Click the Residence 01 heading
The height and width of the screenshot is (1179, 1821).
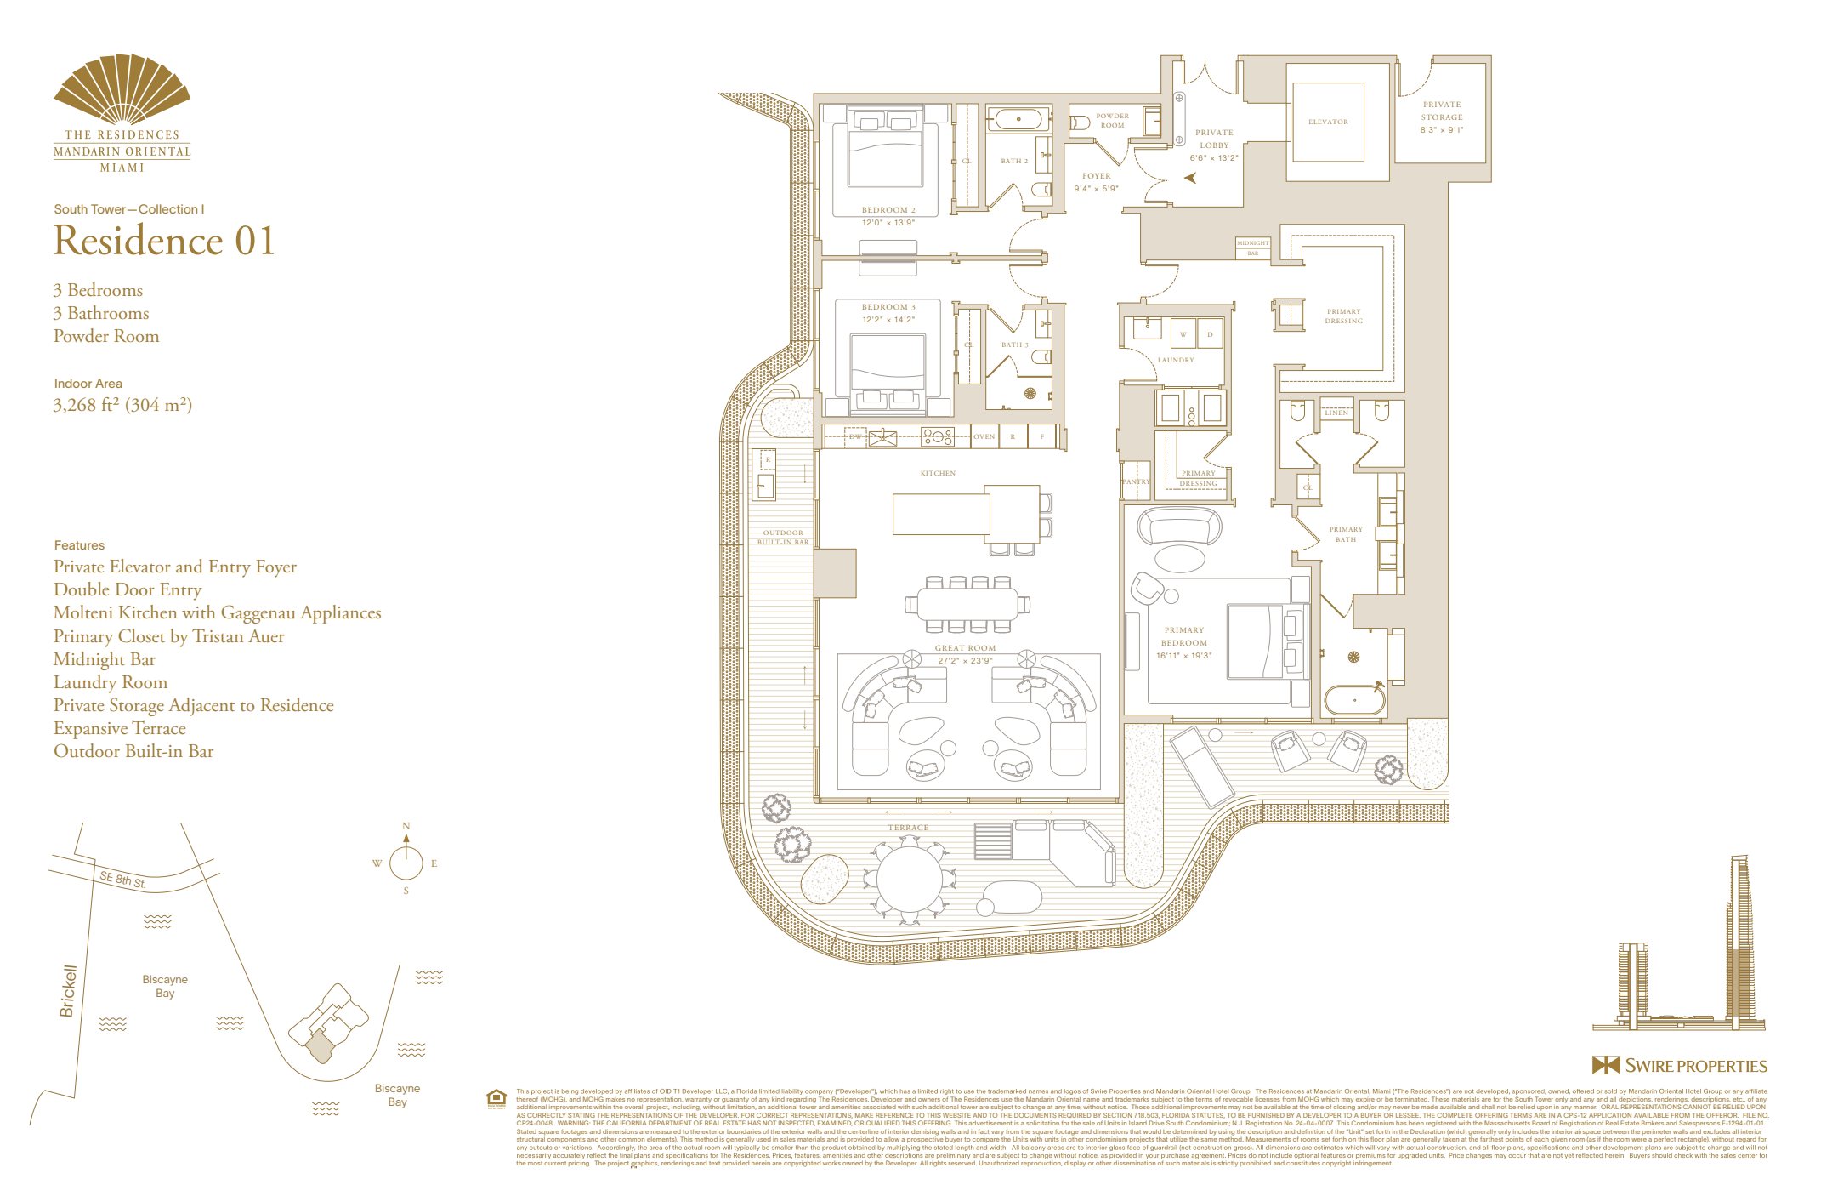tap(164, 241)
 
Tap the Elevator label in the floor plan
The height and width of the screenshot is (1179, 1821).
tap(1328, 122)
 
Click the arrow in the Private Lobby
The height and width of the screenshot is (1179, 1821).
tap(1190, 178)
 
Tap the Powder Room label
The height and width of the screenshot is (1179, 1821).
tap(1112, 120)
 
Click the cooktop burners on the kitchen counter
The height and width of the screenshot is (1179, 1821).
tap(938, 437)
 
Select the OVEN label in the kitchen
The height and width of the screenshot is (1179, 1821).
tap(984, 436)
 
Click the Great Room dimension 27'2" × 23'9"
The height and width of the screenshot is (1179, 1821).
tap(965, 660)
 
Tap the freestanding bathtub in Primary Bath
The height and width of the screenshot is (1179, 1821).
tap(1354, 701)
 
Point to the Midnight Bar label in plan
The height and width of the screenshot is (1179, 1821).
tap(1252, 248)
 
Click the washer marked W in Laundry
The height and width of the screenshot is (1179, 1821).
tap(1183, 334)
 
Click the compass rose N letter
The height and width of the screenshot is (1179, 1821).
tap(406, 826)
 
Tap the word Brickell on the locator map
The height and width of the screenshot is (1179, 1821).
tap(68, 990)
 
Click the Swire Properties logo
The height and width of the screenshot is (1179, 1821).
tap(1679, 1066)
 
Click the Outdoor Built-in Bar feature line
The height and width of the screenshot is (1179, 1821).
tap(133, 751)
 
